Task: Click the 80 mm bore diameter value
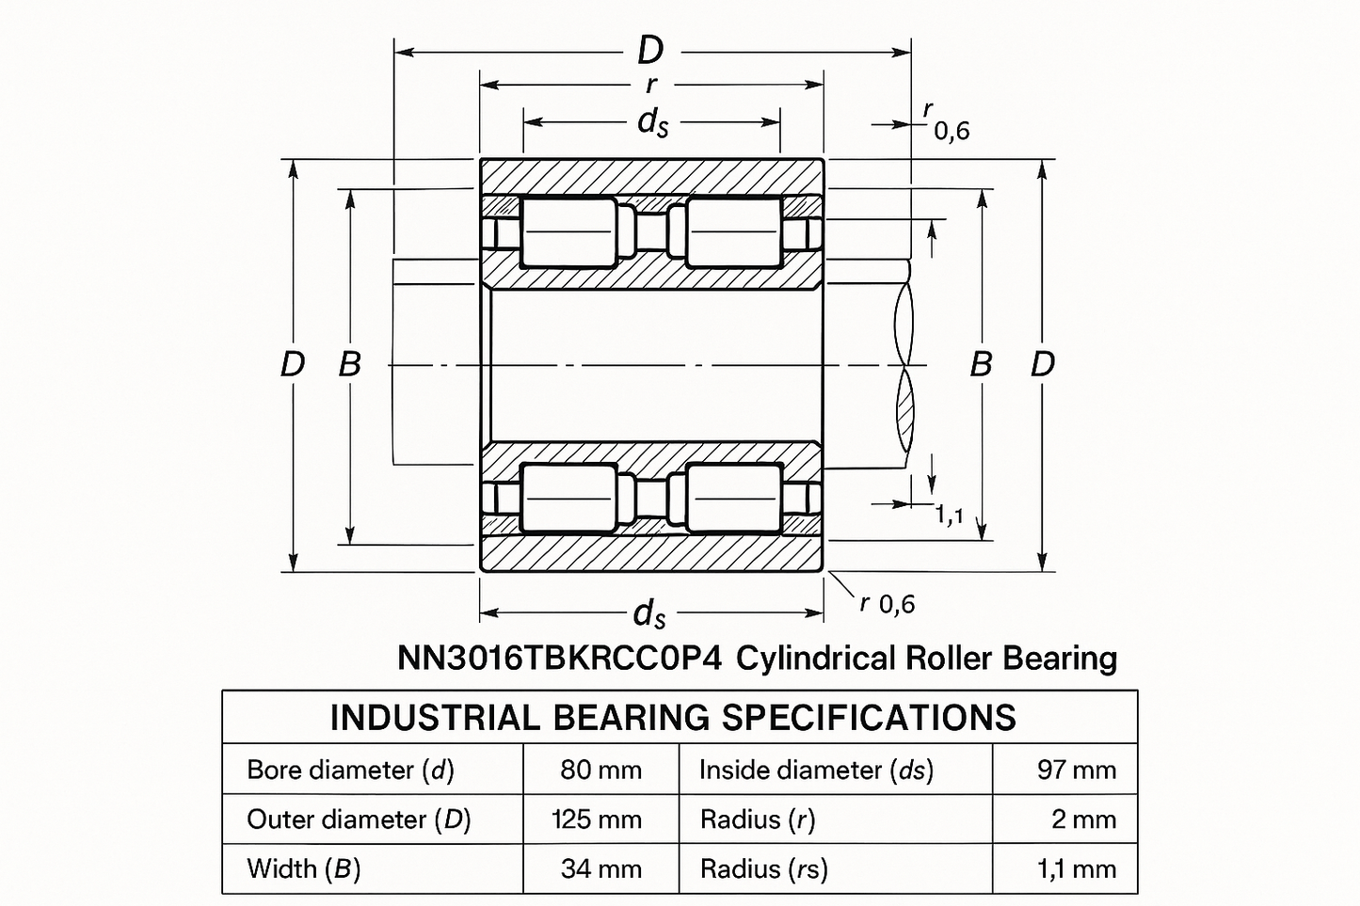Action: tap(600, 770)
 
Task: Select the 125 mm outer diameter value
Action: tap(597, 819)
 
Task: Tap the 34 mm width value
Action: tap(600, 868)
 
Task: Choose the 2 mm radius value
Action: tap(1083, 819)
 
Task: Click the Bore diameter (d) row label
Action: tap(350, 770)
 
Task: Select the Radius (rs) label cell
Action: tap(763, 868)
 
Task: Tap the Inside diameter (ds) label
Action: tap(816, 770)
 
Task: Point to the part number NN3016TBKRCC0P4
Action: tap(559, 658)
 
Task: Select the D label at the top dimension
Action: tap(650, 50)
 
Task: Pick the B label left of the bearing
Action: tap(349, 364)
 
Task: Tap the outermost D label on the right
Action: tap(1042, 364)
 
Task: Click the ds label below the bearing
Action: tap(649, 614)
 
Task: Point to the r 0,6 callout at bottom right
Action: tap(887, 603)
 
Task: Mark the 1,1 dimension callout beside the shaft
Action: tap(949, 515)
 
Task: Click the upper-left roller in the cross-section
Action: tap(567, 231)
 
